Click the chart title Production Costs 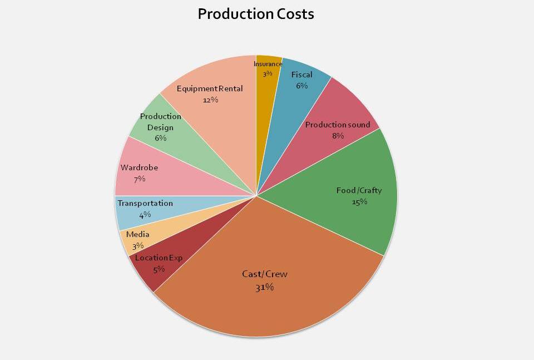click(x=256, y=14)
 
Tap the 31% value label click(x=265, y=287)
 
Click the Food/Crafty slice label click(x=359, y=190)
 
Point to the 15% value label click(x=359, y=201)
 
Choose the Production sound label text click(x=338, y=125)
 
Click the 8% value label click(x=338, y=136)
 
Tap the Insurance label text click(x=268, y=64)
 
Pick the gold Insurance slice click(x=268, y=111)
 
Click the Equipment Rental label click(x=210, y=88)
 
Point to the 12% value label click(x=210, y=100)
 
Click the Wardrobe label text click(x=139, y=167)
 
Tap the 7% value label click(x=139, y=179)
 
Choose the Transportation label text click(x=145, y=204)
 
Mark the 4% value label click(x=145, y=215)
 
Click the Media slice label click(x=138, y=234)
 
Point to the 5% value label click(x=159, y=269)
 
